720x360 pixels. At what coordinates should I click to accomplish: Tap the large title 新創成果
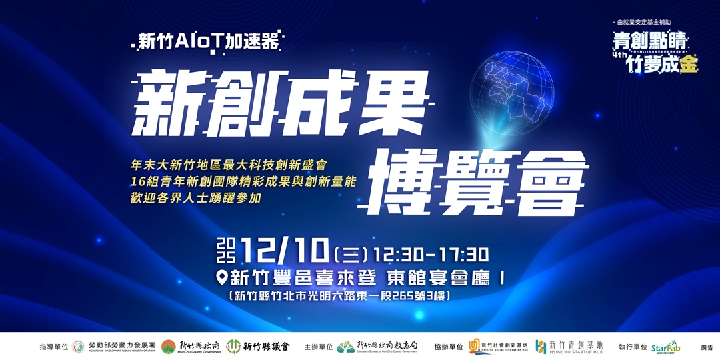[x=280, y=103]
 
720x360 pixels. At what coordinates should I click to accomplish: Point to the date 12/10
[x=286, y=253]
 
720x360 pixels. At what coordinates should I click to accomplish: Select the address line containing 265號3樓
[x=342, y=295]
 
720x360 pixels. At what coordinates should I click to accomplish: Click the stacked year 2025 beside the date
[x=227, y=253]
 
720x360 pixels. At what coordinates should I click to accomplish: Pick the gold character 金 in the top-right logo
[x=689, y=65]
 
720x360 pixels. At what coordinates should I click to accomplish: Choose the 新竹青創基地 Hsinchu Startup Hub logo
[x=569, y=347]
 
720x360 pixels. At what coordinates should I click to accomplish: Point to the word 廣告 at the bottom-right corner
[x=706, y=347]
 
